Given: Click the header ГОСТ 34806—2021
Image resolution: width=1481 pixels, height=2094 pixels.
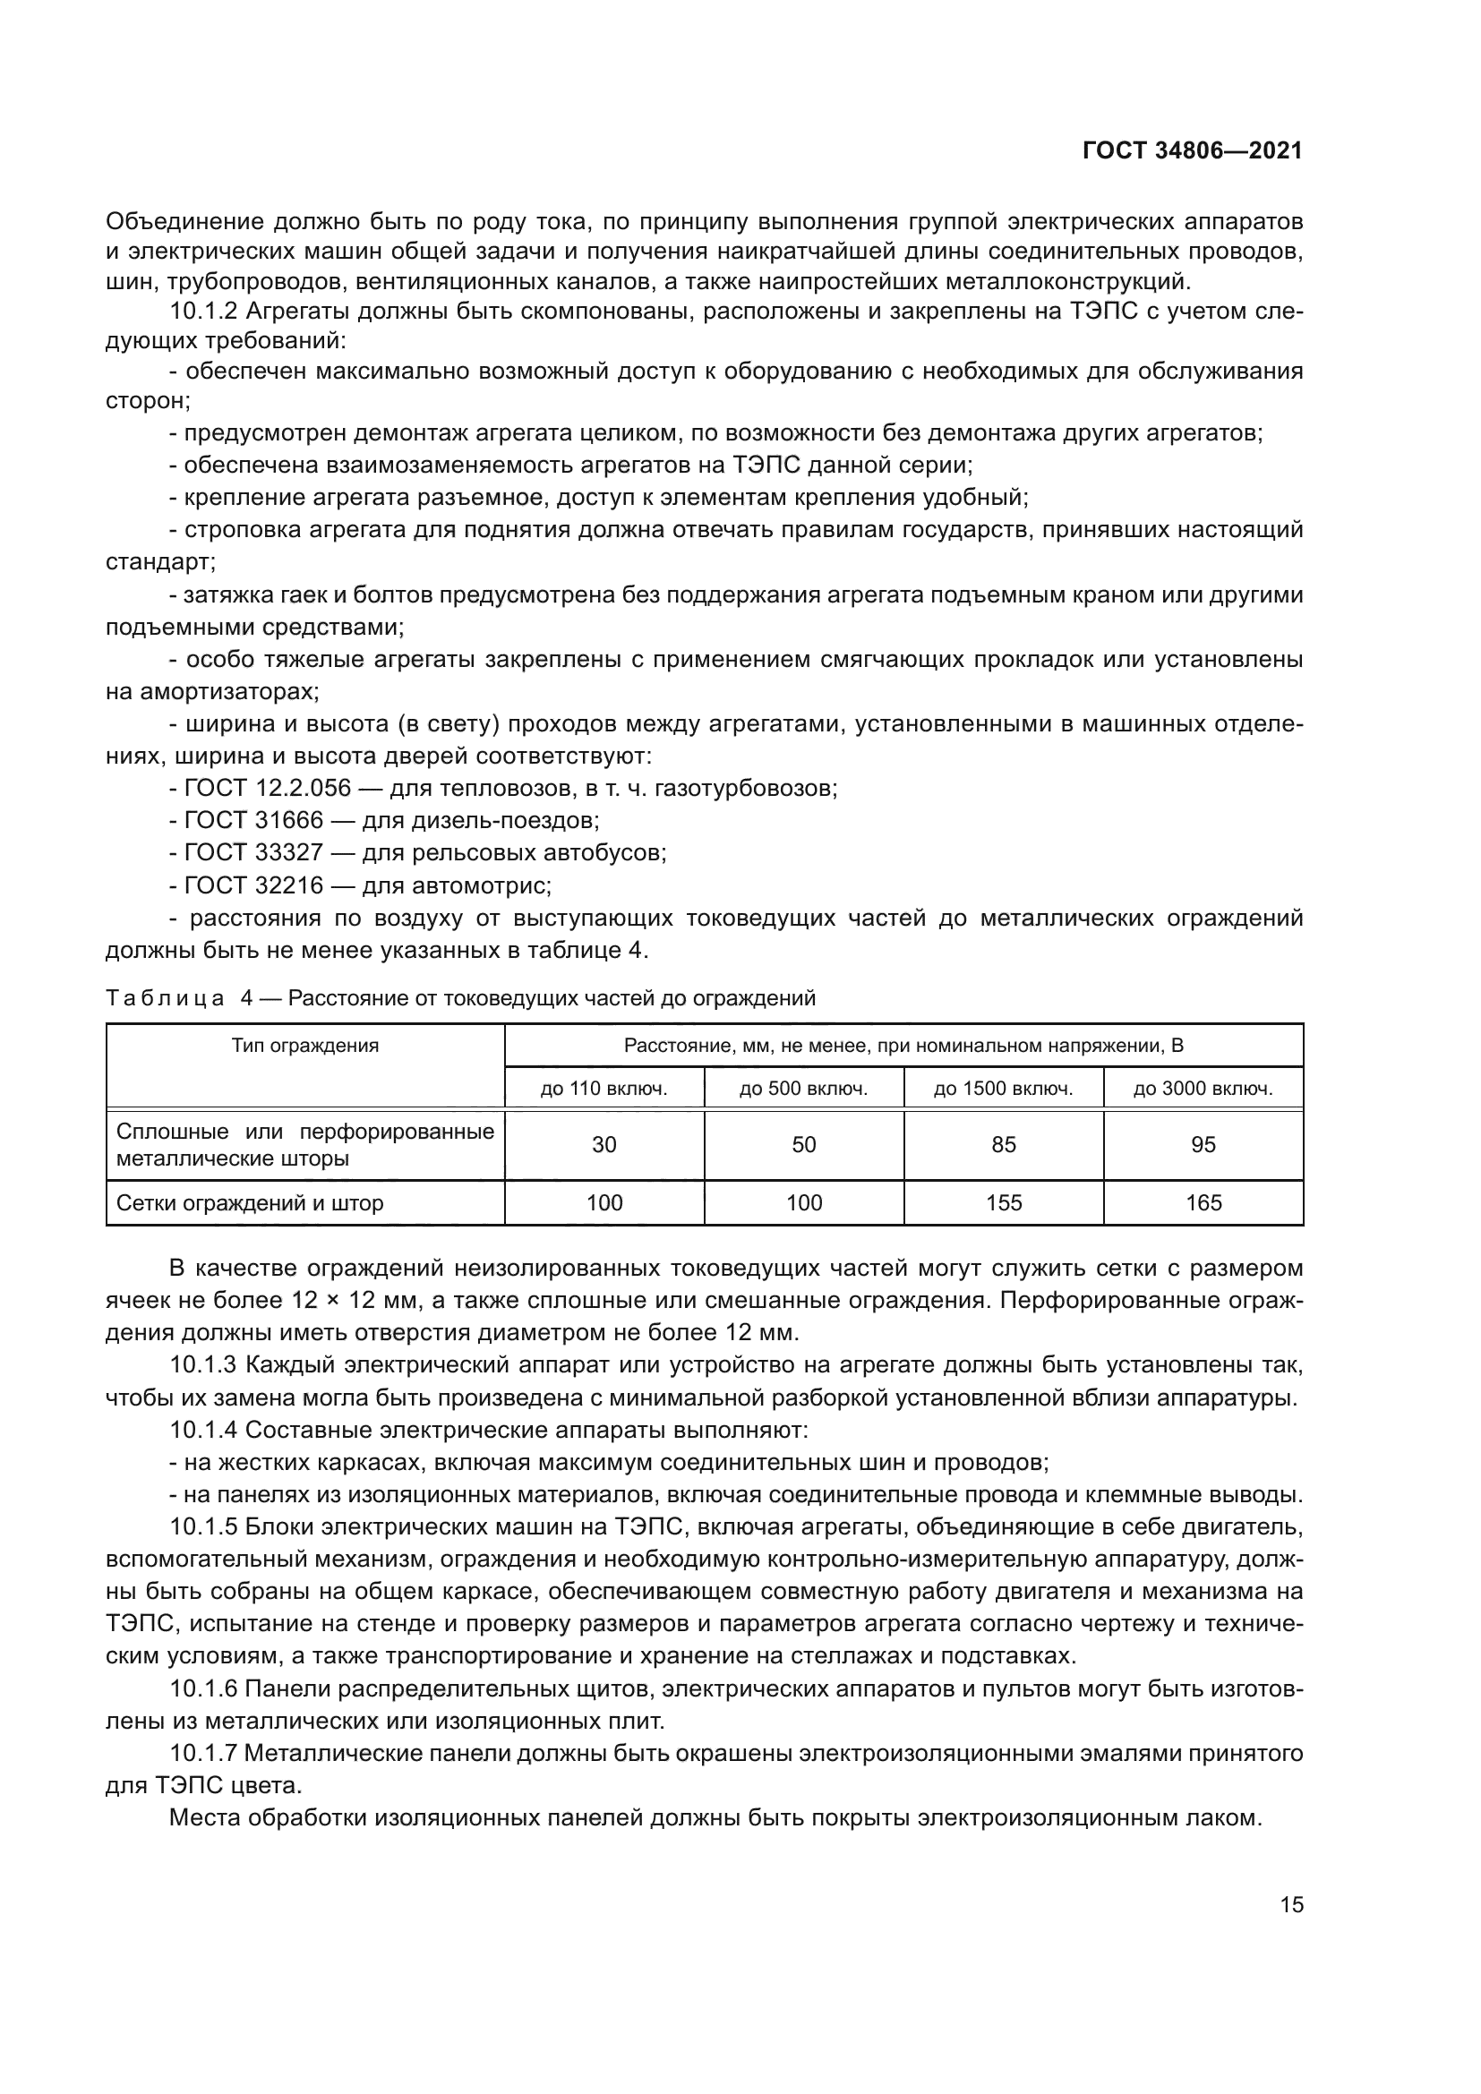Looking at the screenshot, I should coord(1192,151).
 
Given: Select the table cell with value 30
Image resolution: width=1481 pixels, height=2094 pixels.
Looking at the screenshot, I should coord(604,1145).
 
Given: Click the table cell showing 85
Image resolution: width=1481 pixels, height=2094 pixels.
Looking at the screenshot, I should coord(1003,1145).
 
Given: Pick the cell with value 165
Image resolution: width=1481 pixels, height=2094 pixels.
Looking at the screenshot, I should coord(1203,1203).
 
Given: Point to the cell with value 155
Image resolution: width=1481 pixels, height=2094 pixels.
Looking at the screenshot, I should coord(1003,1203).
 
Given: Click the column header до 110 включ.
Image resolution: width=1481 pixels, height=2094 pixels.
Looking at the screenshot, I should coord(604,1088).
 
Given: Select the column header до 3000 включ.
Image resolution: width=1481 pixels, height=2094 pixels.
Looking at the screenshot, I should coord(1203,1088).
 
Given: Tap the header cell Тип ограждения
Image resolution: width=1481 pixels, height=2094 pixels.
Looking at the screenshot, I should coord(304,1045).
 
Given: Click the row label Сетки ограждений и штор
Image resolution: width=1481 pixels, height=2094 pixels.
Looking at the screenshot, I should coord(250,1203).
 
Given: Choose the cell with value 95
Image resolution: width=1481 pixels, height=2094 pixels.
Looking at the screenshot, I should coord(1203,1145).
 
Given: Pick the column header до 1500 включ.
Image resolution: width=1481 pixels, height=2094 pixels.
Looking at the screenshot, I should coord(1003,1088).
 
